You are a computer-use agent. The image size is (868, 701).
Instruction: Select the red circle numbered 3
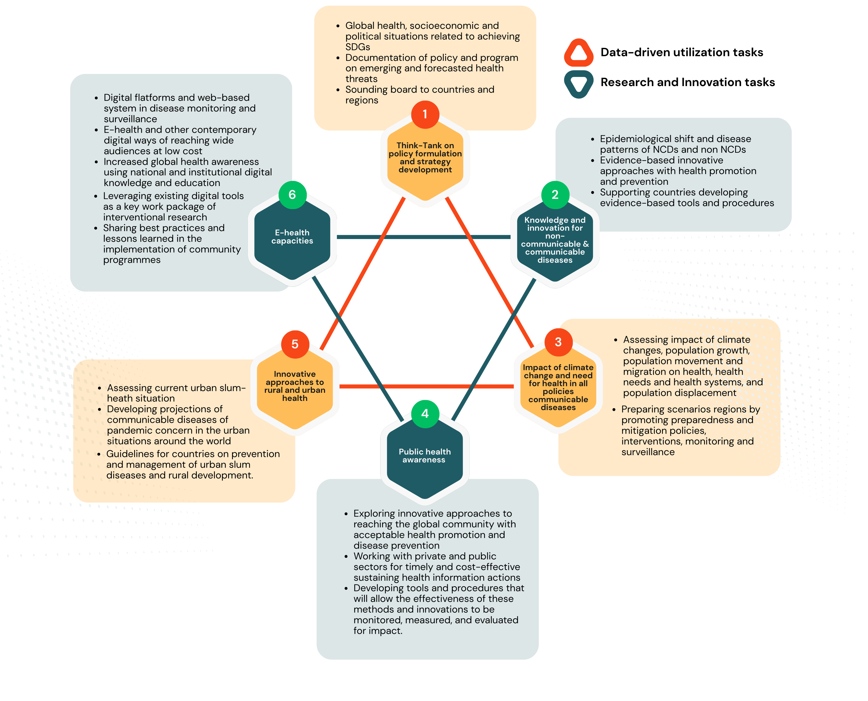pos(558,342)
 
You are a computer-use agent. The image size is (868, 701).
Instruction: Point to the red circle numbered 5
pos(295,344)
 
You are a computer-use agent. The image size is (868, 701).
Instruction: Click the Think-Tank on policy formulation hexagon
pos(425,162)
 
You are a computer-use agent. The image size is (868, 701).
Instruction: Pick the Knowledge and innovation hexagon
pos(555,242)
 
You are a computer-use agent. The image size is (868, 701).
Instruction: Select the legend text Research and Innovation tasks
pos(687,82)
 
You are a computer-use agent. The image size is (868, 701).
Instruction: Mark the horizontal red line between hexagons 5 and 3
pos(426,387)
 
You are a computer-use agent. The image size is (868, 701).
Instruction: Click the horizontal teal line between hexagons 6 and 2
pos(424,237)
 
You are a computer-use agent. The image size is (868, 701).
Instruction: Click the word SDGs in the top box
pos(357,47)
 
